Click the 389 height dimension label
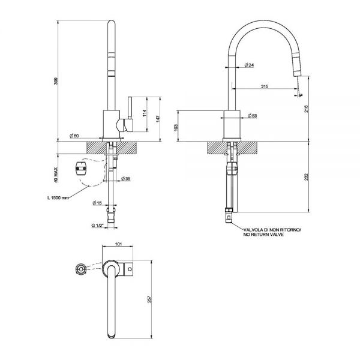click(56, 81)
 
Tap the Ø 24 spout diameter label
click(249, 65)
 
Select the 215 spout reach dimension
click(265, 86)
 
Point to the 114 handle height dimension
click(145, 113)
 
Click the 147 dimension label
click(158, 119)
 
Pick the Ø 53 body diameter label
click(253, 116)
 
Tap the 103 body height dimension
click(176, 128)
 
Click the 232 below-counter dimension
click(306, 177)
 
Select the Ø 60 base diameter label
click(74, 136)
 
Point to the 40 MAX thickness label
click(56, 175)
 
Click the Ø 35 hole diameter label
click(125, 178)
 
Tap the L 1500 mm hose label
click(58, 197)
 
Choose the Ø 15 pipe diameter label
click(97, 203)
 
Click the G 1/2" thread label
click(98, 226)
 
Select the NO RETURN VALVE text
click(263, 235)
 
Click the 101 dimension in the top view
click(118, 244)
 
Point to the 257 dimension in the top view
click(149, 299)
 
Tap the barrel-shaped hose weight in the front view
click(81, 169)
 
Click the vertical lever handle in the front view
click(130, 108)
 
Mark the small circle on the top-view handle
click(130, 269)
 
